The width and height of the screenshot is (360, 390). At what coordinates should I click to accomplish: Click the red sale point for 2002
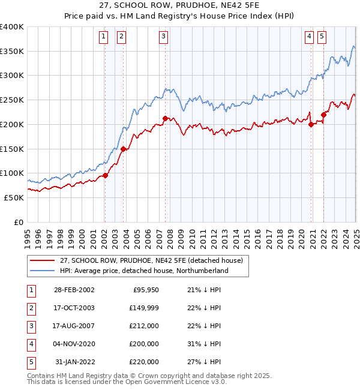pos(105,175)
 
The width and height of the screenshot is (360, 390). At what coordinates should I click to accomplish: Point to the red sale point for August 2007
pos(165,119)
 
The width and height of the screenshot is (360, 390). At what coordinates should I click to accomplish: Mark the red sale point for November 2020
pos(311,124)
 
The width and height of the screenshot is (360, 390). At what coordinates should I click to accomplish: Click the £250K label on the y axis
pos(11,100)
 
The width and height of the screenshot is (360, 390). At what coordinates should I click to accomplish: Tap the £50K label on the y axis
pos(14,197)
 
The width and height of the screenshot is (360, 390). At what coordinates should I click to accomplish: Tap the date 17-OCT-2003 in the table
pos(73,308)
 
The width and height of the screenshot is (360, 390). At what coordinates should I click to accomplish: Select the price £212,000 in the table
pos(144,326)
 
